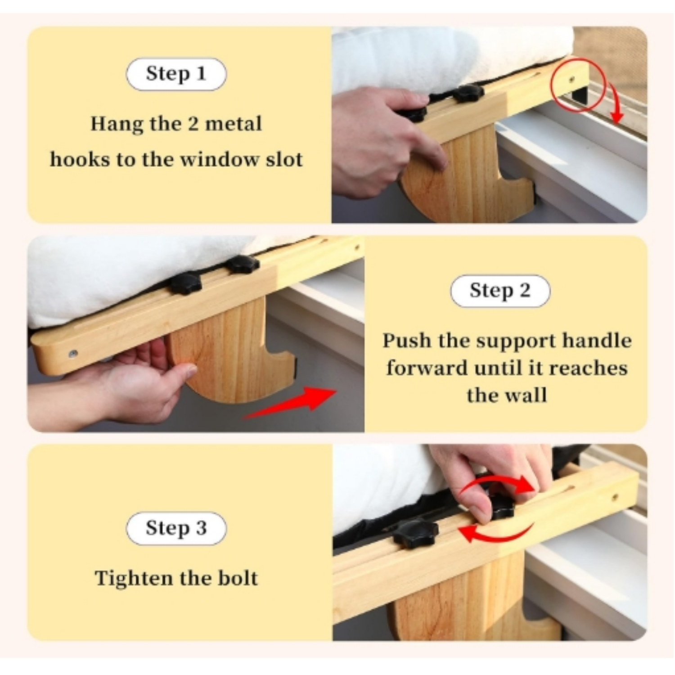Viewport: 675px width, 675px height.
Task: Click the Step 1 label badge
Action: [x=176, y=74]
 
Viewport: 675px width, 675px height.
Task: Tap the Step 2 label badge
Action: [x=500, y=291]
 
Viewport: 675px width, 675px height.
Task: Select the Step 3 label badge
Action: [x=176, y=528]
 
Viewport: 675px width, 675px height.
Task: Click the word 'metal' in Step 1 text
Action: [x=233, y=124]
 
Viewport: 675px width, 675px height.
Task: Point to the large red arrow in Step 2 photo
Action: [x=290, y=403]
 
